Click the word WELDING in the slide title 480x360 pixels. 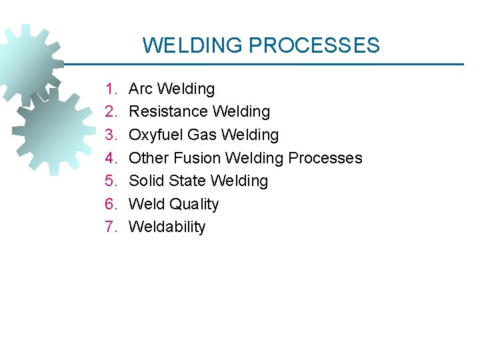coord(193,45)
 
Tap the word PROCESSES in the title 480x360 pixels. coord(314,45)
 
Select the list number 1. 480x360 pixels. coord(111,89)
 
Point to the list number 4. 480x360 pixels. coord(111,158)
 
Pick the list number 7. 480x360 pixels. coord(111,227)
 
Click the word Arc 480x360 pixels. coord(140,89)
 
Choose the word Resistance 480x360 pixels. coord(166,111)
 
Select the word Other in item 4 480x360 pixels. coord(149,158)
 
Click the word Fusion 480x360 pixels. coord(197,158)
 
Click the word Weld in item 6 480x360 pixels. coord(145,204)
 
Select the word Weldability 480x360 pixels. coord(167,227)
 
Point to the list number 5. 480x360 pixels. coord(111,181)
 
